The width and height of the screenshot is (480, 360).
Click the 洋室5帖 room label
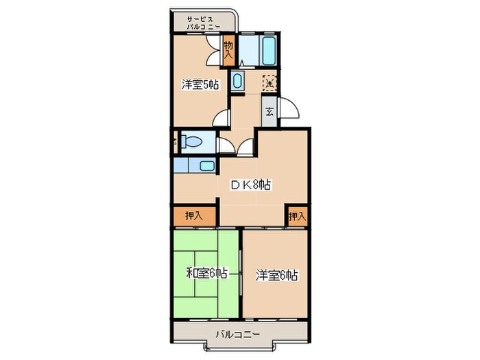(x=200, y=85)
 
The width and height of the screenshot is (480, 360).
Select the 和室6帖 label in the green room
(x=206, y=274)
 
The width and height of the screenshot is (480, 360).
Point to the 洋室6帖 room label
(x=276, y=275)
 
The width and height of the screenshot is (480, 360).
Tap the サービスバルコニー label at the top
(x=204, y=22)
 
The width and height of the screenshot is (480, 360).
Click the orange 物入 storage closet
(x=229, y=49)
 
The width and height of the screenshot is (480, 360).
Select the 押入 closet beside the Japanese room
(x=195, y=215)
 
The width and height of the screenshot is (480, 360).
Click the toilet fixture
(x=191, y=143)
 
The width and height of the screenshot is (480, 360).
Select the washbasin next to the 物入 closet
(x=237, y=82)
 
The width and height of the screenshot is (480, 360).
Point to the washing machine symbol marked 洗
(x=270, y=82)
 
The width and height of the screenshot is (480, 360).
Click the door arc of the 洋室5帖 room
(x=221, y=117)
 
